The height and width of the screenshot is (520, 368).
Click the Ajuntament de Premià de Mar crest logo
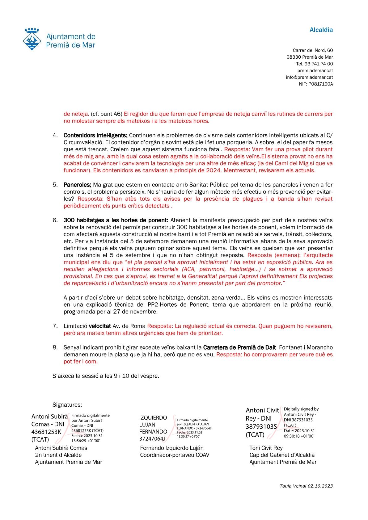(x=32, y=39)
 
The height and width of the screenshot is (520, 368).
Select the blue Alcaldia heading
(x=321, y=30)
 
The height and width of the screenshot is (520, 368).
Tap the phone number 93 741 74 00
(x=319, y=64)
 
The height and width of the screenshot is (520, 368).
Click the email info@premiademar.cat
(x=309, y=78)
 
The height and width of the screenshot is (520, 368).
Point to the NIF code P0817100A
(x=320, y=84)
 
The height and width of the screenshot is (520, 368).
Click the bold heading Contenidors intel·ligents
(x=95, y=135)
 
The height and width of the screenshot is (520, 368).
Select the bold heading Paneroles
(x=77, y=185)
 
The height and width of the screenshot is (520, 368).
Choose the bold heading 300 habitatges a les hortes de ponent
(x=116, y=220)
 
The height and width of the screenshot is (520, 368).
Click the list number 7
(x=55, y=326)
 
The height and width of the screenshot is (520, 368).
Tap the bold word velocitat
(x=100, y=326)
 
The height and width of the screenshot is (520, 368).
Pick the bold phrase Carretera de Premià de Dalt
(x=239, y=347)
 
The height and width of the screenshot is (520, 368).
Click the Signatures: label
(x=67, y=405)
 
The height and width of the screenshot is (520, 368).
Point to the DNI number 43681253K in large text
(x=46, y=432)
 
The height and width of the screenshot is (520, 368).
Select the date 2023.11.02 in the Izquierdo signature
(x=194, y=432)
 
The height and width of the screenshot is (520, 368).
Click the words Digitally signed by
(x=301, y=409)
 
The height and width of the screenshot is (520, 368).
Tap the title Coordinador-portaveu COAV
(x=175, y=455)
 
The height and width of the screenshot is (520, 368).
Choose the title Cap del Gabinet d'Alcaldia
(x=282, y=455)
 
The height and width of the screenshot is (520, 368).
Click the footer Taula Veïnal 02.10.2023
(x=306, y=486)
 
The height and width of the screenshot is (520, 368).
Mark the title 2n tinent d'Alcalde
(x=58, y=455)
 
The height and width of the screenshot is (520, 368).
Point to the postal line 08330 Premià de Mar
(x=310, y=57)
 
